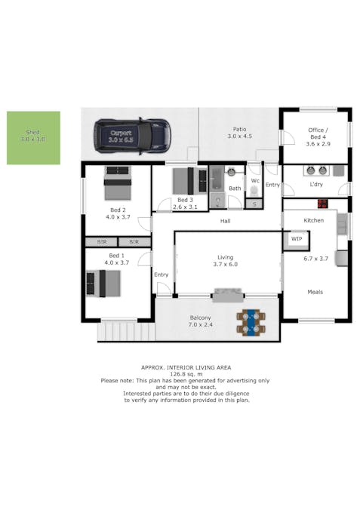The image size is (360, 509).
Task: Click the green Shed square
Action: pos(33,138)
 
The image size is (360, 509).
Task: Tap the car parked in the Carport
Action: pos(131,136)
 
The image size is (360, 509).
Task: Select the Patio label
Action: pos(240,129)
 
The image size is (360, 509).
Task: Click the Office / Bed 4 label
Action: pos(318,133)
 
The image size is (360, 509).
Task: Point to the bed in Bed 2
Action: pos(118,183)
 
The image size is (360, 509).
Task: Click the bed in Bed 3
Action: pos(189,180)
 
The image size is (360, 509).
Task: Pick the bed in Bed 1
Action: pos(103,284)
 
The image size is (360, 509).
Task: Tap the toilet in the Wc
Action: pos(254,191)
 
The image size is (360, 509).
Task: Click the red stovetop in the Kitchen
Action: pos(322,204)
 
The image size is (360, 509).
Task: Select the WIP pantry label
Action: pos(297,239)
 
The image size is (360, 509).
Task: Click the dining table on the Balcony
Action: pos(251,322)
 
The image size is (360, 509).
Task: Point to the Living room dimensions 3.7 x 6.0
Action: pos(225,264)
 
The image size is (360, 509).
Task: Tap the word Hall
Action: pos(225,221)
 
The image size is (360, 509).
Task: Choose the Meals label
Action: pos(315,292)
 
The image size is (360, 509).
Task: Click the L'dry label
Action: pos(316,185)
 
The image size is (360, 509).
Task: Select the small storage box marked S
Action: pos(254,204)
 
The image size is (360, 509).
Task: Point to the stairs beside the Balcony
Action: pos(126,330)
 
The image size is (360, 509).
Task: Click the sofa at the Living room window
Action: pos(228,295)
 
